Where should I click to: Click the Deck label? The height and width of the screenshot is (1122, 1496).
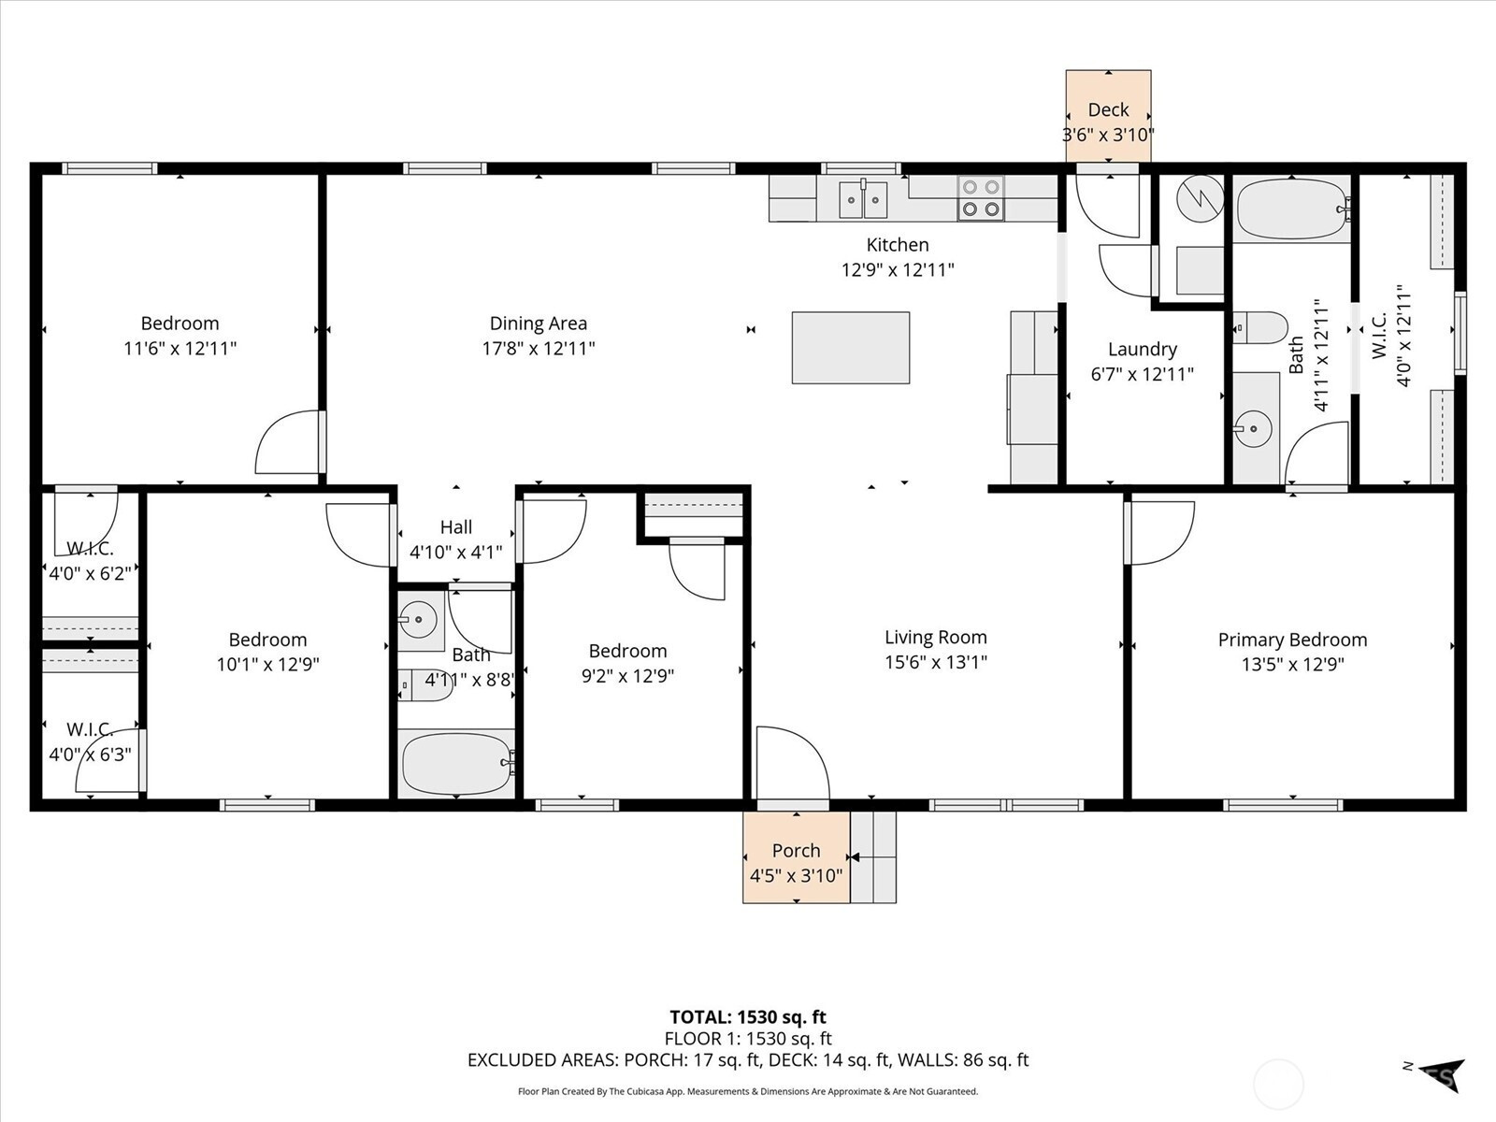(1108, 109)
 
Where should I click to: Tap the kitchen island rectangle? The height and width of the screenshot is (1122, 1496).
(851, 348)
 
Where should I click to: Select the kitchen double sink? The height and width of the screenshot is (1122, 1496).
(863, 199)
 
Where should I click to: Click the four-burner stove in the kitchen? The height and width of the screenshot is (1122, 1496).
(981, 198)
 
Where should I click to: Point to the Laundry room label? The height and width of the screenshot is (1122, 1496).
(1143, 350)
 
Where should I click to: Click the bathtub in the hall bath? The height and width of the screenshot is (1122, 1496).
(456, 763)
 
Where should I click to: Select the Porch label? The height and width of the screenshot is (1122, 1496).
(796, 851)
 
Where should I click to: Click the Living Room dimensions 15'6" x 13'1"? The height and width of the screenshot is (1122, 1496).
(936, 662)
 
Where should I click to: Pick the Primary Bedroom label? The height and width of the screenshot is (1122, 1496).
(1292, 640)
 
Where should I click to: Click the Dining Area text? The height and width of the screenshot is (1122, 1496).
(539, 323)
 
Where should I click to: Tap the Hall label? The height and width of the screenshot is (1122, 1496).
(456, 527)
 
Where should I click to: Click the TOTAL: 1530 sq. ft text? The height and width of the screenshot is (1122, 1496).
(748, 1017)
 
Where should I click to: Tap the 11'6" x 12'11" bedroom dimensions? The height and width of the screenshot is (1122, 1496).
(180, 349)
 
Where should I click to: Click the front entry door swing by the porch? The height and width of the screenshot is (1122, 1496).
(793, 763)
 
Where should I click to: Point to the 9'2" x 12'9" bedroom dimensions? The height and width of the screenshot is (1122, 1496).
(627, 676)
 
